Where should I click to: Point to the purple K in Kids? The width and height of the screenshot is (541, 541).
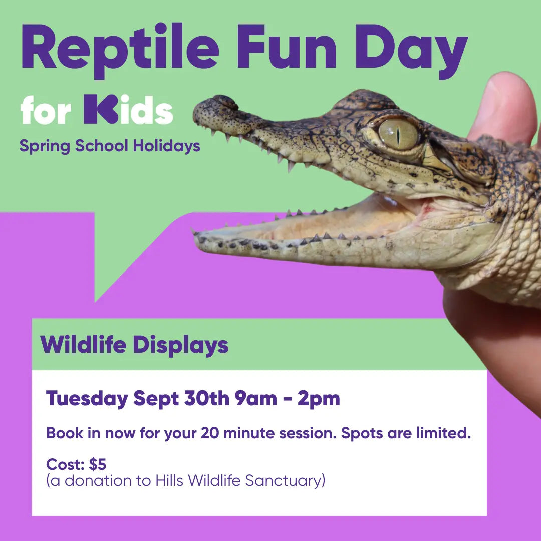click(100, 109)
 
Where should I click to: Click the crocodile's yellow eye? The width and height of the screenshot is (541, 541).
click(398, 133)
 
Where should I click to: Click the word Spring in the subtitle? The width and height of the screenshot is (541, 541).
click(45, 146)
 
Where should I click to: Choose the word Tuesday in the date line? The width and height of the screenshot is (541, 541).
click(87, 399)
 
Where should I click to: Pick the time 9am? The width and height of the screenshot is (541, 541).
click(255, 399)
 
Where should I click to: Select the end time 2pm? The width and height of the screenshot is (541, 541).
click(319, 399)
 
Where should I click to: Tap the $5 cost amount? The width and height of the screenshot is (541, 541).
click(97, 465)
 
